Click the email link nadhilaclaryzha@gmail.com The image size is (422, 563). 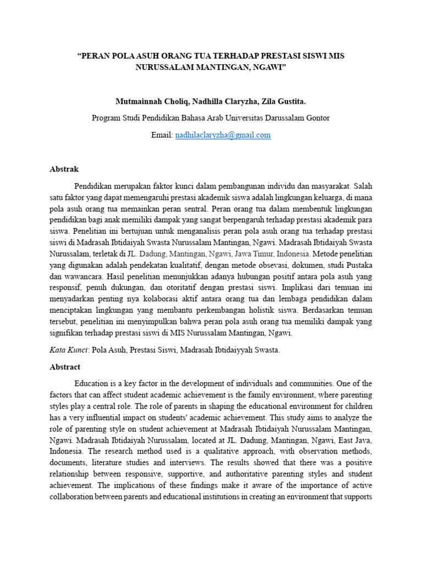(223, 135)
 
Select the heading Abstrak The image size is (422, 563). (65, 169)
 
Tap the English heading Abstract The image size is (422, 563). (65, 367)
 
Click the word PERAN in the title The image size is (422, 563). (97, 56)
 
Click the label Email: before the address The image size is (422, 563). (162, 135)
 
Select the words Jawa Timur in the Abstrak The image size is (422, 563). (256, 254)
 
